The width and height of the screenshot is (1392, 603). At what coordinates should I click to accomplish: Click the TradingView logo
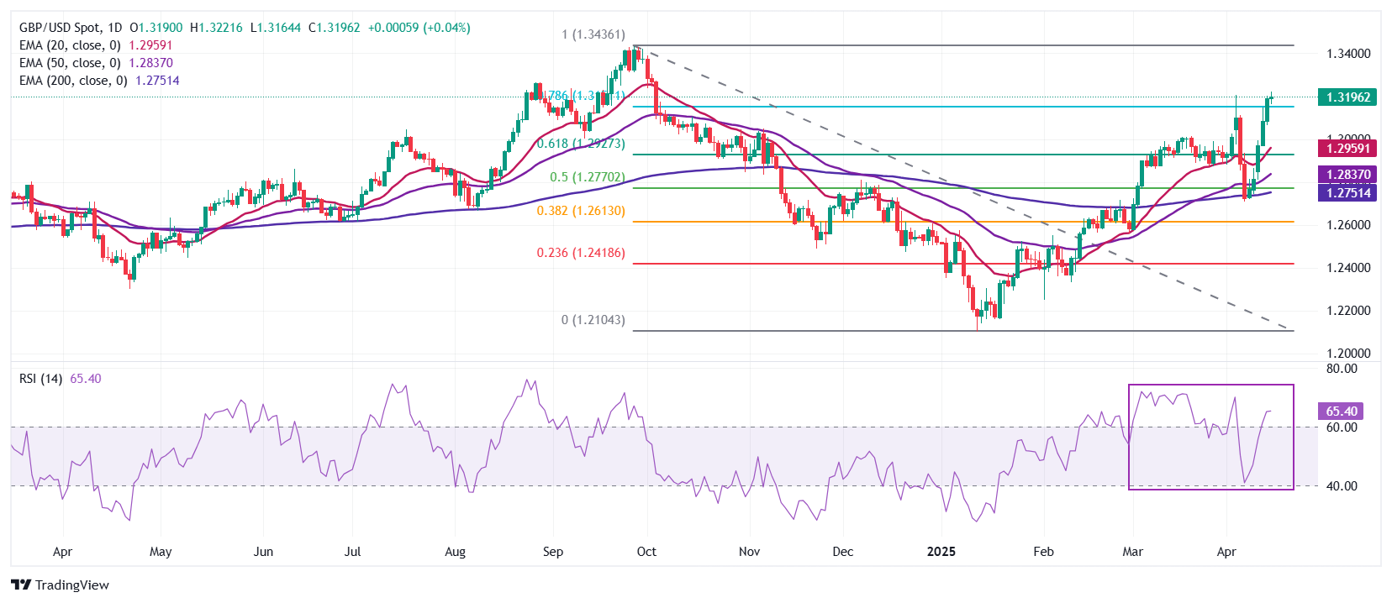click(x=60, y=585)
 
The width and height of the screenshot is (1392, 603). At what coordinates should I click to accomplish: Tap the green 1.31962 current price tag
click(x=1347, y=97)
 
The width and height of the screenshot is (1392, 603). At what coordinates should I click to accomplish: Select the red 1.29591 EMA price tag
click(x=1347, y=149)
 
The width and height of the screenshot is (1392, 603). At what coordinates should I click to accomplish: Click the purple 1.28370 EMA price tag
click(x=1347, y=175)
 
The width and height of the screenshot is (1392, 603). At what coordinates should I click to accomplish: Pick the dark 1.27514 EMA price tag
click(x=1347, y=192)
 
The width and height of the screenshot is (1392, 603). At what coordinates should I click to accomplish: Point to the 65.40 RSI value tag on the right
click(x=1341, y=411)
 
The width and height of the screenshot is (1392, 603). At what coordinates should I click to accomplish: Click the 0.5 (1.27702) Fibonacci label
click(x=587, y=177)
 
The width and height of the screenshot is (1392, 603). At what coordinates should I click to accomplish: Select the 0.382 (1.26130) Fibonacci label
click(x=581, y=211)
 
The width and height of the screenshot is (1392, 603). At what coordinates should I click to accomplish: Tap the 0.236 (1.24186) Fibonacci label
click(x=581, y=253)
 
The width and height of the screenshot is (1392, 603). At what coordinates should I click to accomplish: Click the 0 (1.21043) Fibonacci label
click(x=593, y=320)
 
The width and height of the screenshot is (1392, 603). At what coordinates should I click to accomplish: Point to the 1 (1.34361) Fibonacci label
click(x=593, y=34)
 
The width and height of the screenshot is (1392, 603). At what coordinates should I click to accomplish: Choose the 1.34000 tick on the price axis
click(x=1348, y=54)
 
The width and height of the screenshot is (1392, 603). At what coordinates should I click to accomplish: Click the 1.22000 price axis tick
click(x=1348, y=311)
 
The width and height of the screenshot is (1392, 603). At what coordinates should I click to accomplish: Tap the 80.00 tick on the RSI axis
click(x=1342, y=369)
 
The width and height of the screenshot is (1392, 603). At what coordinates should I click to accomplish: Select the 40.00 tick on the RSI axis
click(x=1342, y=486)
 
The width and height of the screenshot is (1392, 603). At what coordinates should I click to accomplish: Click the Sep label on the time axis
click(x=552, y=552)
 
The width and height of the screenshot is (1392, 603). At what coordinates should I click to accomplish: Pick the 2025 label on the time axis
click(x=941, y=552)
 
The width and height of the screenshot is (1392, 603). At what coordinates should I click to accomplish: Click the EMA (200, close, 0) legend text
click(x=73, y=81)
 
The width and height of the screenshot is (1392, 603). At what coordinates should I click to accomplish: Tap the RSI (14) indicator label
click(x=40, y=379)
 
